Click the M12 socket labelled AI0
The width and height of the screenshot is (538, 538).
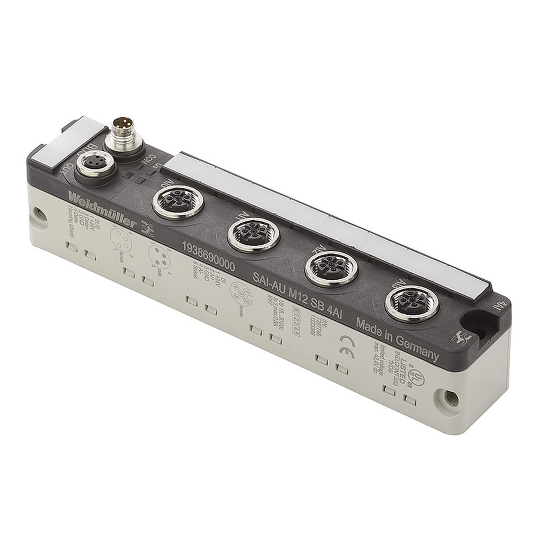(x=173, y=202)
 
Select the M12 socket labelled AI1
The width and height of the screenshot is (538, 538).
(x=253, y=235)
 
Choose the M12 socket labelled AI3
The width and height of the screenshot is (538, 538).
(x=412, y=303)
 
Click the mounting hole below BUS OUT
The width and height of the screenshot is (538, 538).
(x=39, y=214)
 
